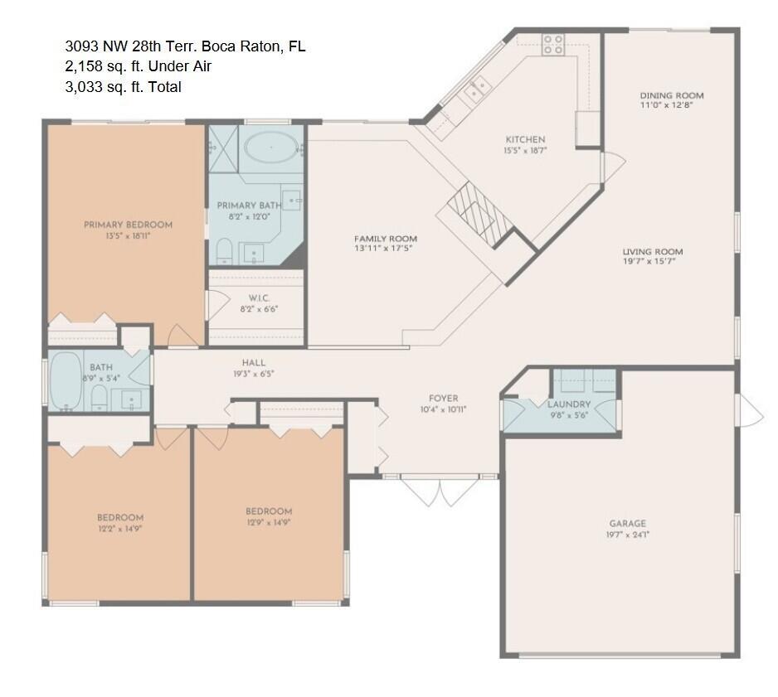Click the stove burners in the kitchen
pyautogui.click(x=552, y=44)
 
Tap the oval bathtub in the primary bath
pyautogui.click(x=271, y=148)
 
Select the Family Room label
pyautogui.click(x=386, y=239)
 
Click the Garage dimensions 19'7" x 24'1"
pyautogui.click(x=628, y=535)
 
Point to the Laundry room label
pyautogui.click(x=569, y=404)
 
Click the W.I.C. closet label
pyautogui.click(x=259, y=298)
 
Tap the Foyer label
pyautogui.click(x=444, y=398)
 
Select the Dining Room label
pyautogui.click(x=672, y=95)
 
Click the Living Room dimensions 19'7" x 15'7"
pyautogui.click(x=649, y=261)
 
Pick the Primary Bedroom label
pyautogui.click(x=128, y=225)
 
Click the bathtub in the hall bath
pyautogui.click(x=66, y=380)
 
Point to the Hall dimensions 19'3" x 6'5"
pyautogui.click(x=254, y=374)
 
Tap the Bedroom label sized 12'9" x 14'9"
pyautogui.click(x=269, y=511)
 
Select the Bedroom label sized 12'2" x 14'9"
pyautogui.click(x=120, y=517)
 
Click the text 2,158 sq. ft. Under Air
pyautogui.click(x=139, y=66)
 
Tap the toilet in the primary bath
pyautogui.click(x=224, y=251)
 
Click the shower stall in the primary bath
pyautogui.click(x=223, y=148)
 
